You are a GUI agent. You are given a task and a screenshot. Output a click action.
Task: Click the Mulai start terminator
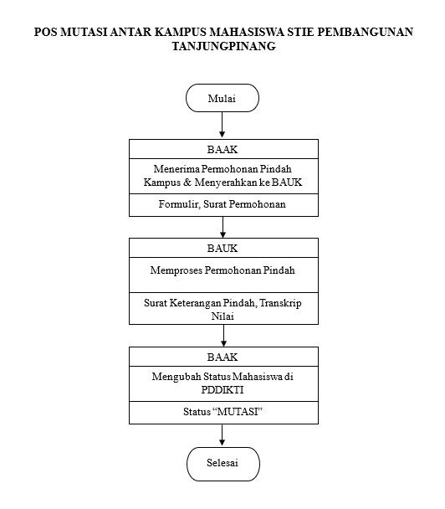pos(222,98)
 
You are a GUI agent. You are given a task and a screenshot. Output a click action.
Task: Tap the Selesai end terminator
pos(223,464)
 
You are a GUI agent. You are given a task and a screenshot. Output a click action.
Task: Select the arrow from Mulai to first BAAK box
pos(222,125)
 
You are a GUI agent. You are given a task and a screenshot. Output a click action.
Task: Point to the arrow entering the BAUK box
pos(222,227)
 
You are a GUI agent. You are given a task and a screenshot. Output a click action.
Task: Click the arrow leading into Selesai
pos(222,434)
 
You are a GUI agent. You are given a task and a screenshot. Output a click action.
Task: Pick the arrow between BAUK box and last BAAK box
pos(223,336)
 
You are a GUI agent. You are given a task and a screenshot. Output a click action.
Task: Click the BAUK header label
pos(222,249)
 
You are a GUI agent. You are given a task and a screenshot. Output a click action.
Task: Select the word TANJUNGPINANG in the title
pos(224,46)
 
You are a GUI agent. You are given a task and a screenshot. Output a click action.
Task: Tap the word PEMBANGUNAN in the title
pos(366,32)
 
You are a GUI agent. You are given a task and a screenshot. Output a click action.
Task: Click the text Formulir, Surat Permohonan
pos(222,204)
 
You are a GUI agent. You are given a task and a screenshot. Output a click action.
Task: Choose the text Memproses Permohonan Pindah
pos(222,270)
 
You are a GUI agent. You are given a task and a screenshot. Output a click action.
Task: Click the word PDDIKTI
pos(222,389)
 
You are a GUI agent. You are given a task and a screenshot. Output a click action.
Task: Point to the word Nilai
pos(222,316)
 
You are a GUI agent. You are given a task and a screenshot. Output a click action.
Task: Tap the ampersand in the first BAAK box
pos(187,183)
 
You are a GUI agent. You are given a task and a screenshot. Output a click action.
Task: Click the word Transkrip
pos(280,303)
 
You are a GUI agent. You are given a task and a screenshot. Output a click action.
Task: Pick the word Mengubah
pos(176,377)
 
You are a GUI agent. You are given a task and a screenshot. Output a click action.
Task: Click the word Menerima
pos(176,169)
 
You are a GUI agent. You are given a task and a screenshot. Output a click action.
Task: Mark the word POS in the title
pos(46,32)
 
